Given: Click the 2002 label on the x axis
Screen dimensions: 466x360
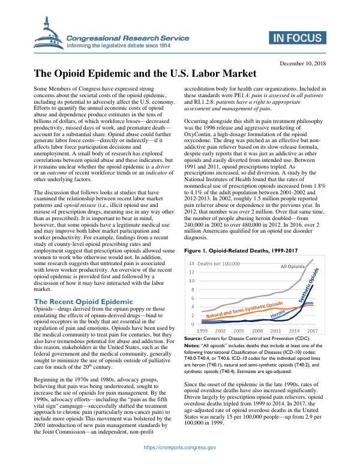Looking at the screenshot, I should (x=220, y=330).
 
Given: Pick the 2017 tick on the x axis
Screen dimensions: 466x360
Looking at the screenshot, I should (x=312, y=330).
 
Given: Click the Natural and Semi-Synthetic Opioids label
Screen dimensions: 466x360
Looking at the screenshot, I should (x=244, y=311).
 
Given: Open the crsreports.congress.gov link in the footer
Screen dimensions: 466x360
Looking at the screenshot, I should (x=179, y=447).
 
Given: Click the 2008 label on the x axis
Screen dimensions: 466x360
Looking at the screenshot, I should (x=257, y=330).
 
